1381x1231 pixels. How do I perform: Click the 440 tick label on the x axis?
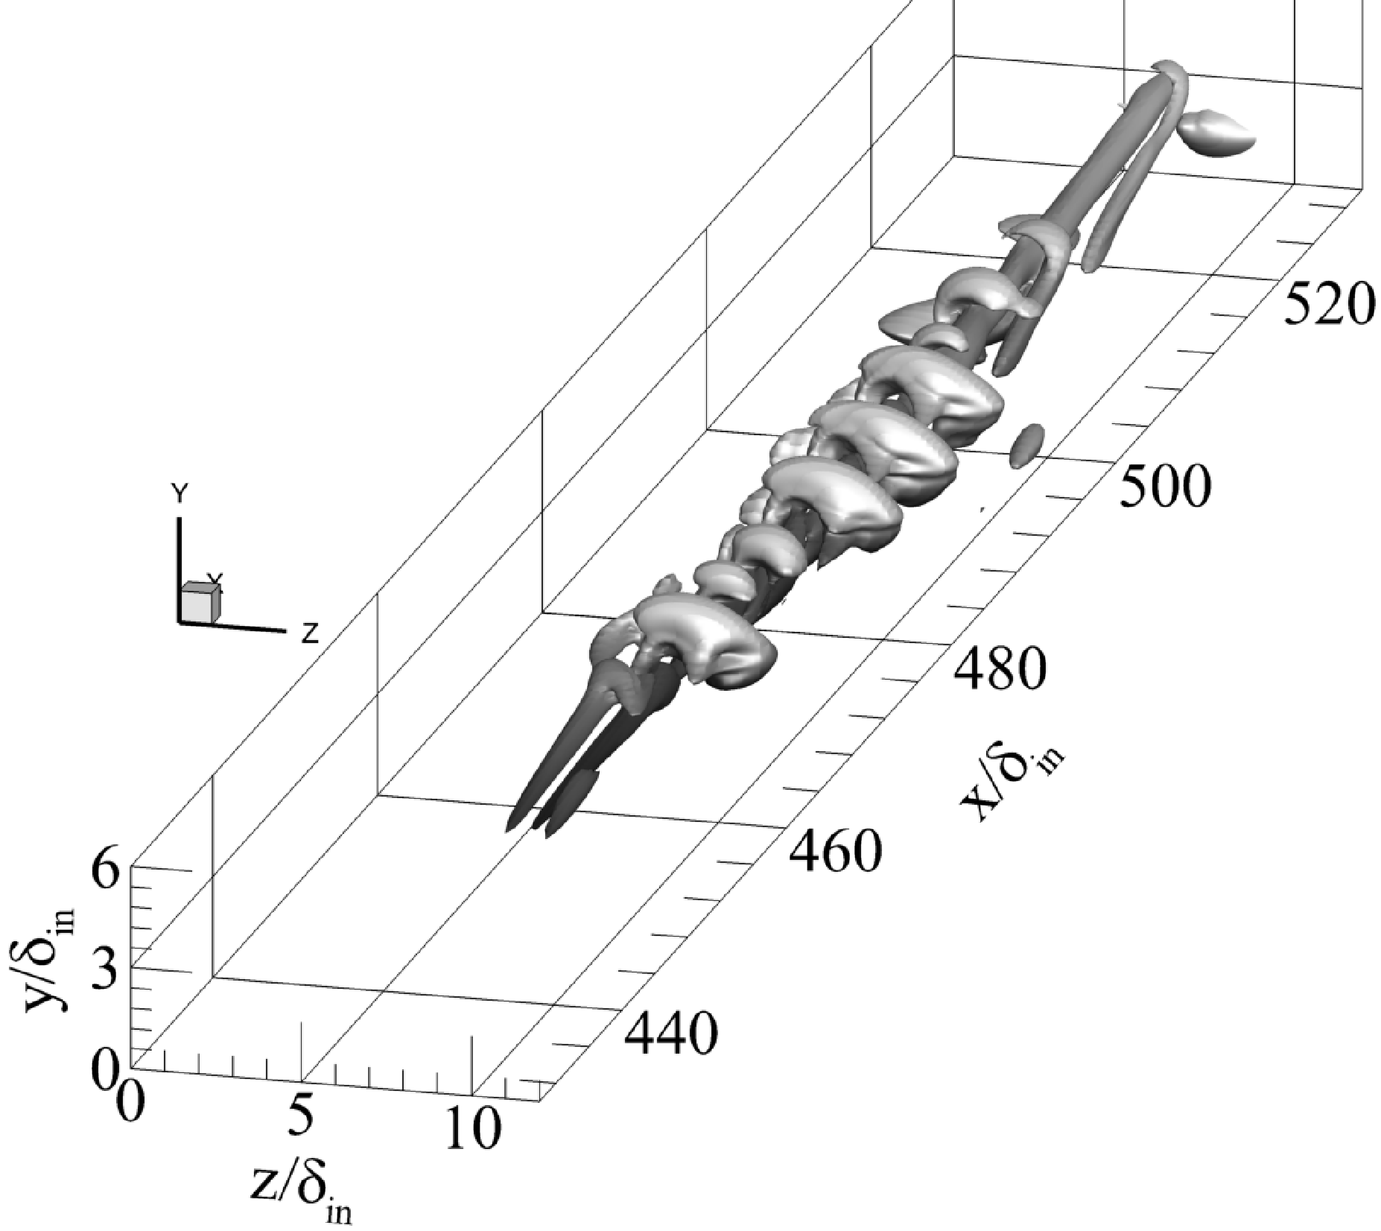pyautogui.click(x=670, y=1033)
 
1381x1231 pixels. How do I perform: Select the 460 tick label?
pyautogui.click(x=835, y=851)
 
